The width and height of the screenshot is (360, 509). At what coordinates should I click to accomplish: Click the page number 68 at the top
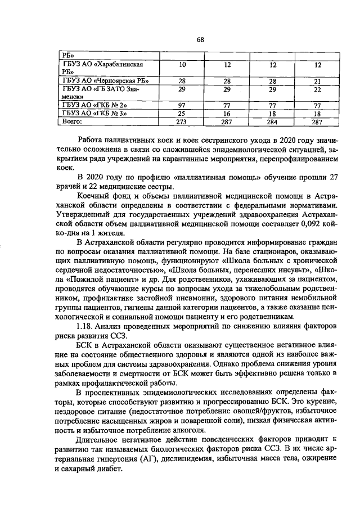click(199, 39)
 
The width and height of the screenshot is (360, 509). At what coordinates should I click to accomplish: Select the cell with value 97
click(182, 105)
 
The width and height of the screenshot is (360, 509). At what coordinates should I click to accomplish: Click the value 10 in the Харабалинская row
click(182, 65)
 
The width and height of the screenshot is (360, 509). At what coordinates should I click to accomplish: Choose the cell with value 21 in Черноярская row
click(317, 81)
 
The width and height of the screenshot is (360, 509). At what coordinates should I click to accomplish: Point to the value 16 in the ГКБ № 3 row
click(227, 112)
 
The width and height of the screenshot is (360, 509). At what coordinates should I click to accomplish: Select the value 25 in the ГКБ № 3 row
click(182, 112)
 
